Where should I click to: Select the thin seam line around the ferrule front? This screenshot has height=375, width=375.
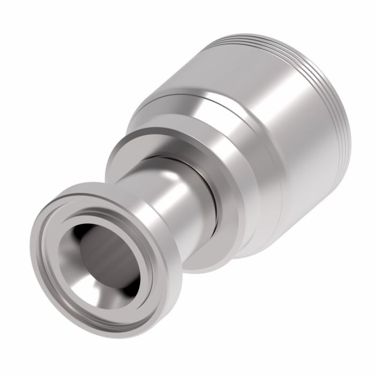point(177,96)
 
